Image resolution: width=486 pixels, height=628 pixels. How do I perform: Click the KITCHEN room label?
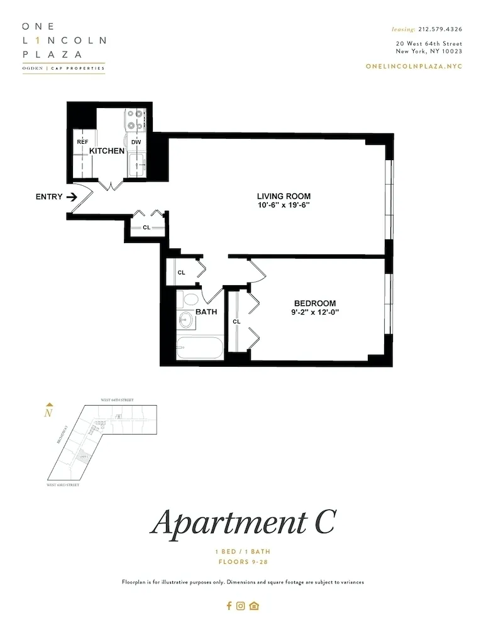pyautogui.click(x=107, y=151)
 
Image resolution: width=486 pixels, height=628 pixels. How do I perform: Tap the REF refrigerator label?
pyautogui.click(x=82, y=142)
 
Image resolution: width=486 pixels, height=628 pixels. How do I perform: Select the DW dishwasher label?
pyautogui.click(x=136, y=142)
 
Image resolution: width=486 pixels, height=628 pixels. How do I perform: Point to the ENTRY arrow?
pyautogui.click(x=72, y=197)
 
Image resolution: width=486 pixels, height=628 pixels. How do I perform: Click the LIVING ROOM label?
pyautogui.click(x=284, y=196)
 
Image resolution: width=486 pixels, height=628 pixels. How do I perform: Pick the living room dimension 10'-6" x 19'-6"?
pyautogui.click(x=284, y=205)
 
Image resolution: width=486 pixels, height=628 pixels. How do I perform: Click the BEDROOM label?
pyautogui.click(x=315, y=303)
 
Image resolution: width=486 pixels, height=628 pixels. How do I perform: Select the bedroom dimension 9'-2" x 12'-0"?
pyautogui.click(x=315, y=312)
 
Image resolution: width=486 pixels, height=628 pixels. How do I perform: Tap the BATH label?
pyautogui.click(x=206, y=311)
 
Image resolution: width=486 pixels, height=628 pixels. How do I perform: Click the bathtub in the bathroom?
pyautogui.click(x=199, y=348)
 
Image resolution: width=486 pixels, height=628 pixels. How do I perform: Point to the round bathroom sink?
pyautogui.click(x=185, y=320)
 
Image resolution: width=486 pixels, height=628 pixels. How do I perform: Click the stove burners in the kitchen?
pyautogui.click(x=135, y=120)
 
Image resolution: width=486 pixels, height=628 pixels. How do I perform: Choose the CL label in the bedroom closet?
pyautogui.click(x=236, y=322)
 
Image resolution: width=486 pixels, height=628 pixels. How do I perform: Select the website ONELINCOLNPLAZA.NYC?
pyautogui.click(x=414, y=67)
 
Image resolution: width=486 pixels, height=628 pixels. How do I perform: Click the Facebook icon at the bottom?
pyautogui.click(x=229, y=606)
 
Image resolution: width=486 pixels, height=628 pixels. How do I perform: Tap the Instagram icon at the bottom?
pyautogui.click(x=241, y=606)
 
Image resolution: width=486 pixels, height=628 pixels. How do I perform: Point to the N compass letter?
pyautogui.click(x=48, y=413)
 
